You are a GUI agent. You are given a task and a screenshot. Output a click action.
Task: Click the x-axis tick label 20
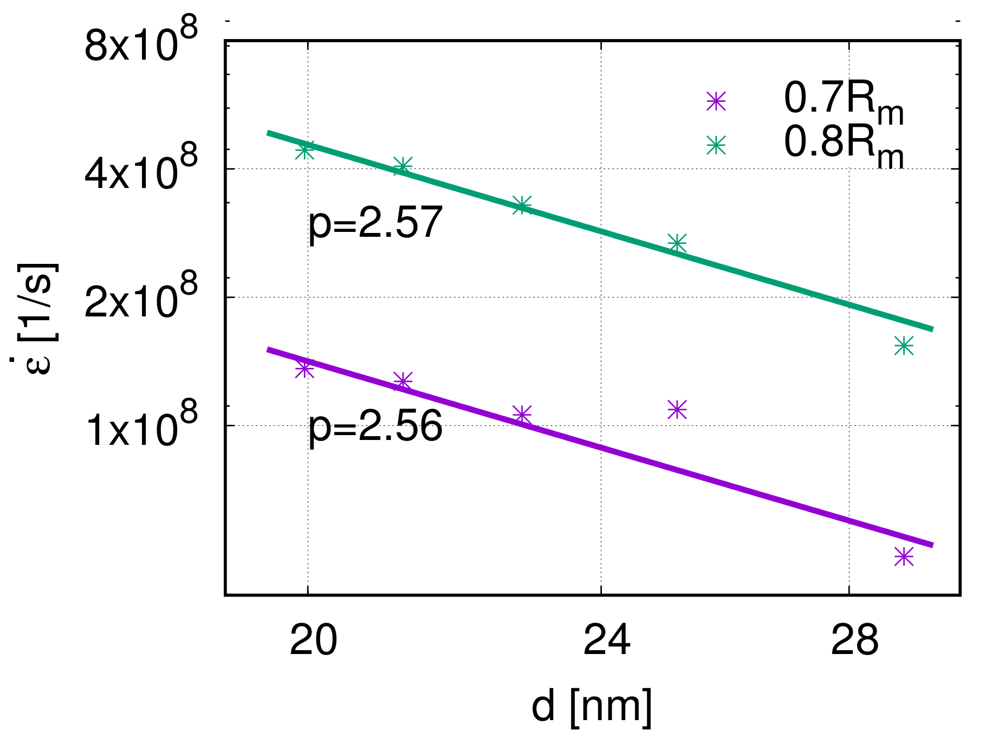tap(313, 641)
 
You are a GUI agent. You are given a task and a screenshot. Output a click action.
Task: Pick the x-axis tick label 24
tap(607, 641)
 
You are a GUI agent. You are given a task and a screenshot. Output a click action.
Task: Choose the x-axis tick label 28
tap(854, 641)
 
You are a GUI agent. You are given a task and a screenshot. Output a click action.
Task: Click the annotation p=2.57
tap(375, 223)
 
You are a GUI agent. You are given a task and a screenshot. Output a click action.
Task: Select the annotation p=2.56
tap(375, 426)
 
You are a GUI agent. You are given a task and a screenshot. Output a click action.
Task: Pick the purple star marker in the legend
tap(716, 101)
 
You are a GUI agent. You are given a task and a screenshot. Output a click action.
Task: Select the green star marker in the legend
tap(716, 145)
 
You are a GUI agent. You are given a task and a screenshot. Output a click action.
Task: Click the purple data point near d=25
tap(677, 410)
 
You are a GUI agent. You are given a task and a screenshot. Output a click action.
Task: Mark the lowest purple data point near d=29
tap(904, 556)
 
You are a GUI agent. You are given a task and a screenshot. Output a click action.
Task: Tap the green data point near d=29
tap(904, 345)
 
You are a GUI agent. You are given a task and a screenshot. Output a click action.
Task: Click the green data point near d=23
tap(522, 205)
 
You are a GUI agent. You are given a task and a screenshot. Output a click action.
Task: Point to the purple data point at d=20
tap(304, 369)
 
